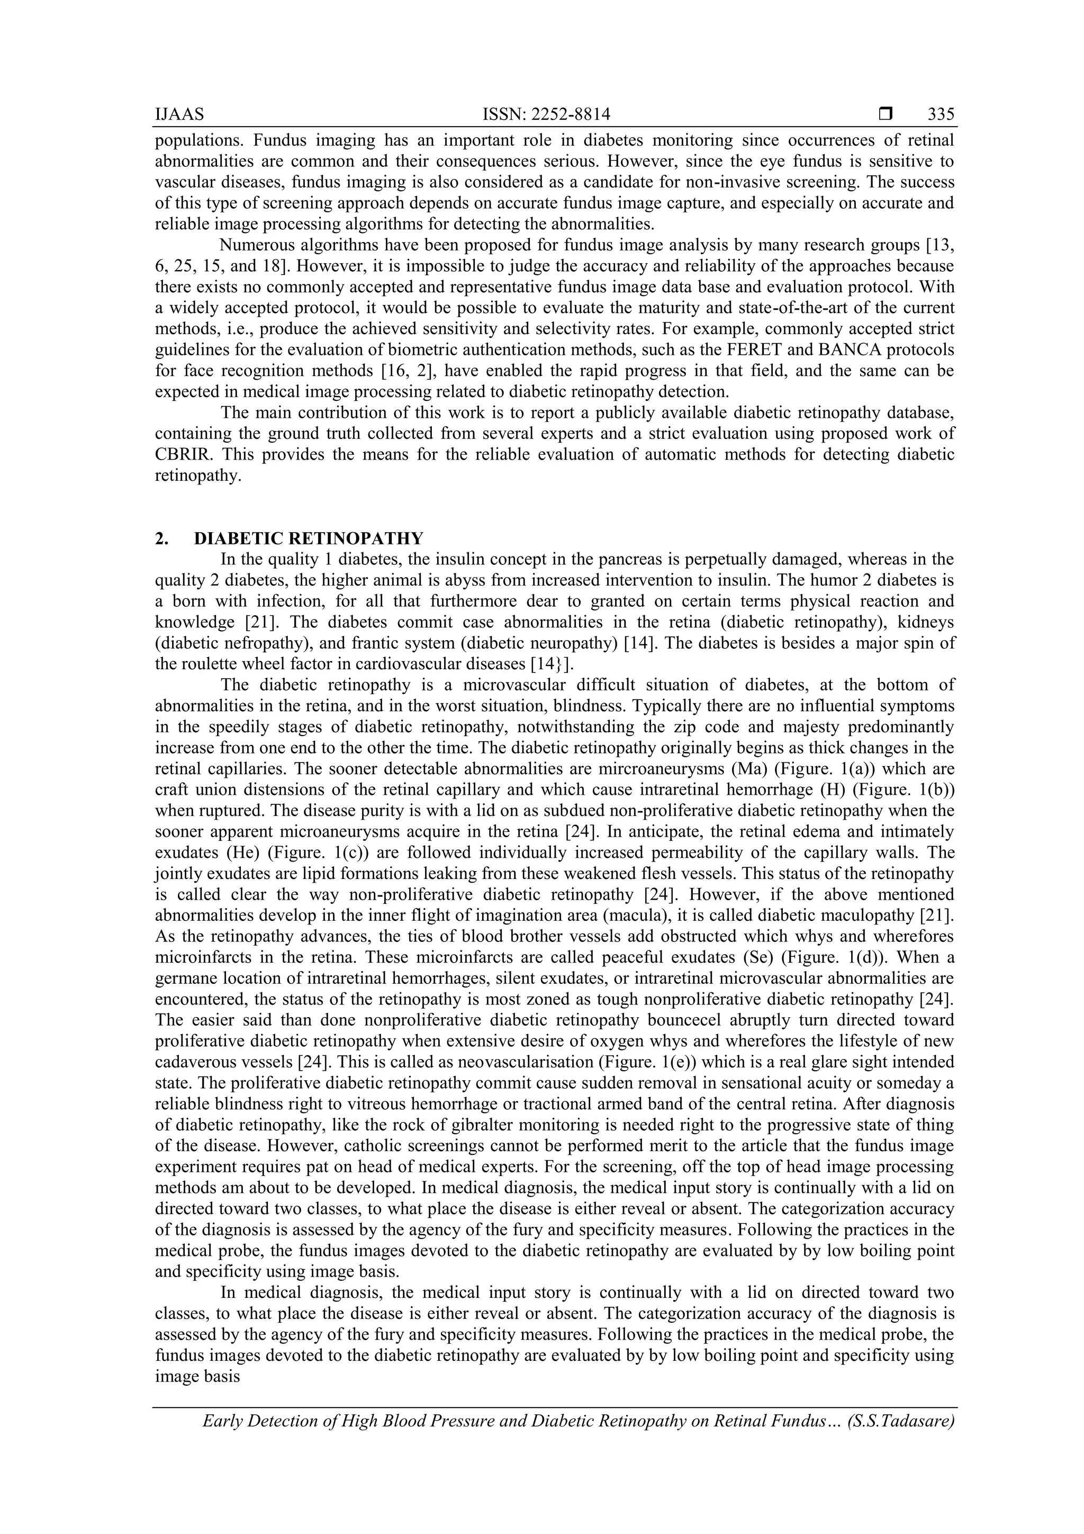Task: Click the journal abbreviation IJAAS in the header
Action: (179, 115)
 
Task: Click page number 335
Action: (941, 115)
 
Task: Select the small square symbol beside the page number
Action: (886, 115)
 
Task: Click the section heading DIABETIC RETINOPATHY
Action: (309, 539)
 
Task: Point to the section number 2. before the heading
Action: (161, 539)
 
